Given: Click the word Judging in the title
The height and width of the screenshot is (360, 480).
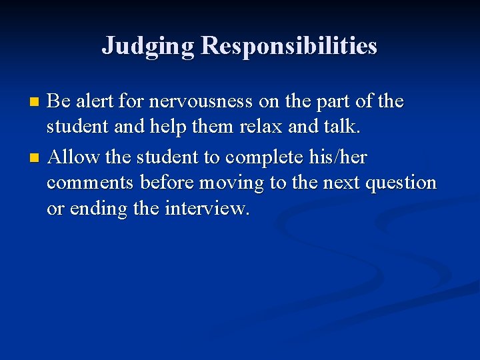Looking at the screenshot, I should (148, 46).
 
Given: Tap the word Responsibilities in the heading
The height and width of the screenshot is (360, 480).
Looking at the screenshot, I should (289, 46).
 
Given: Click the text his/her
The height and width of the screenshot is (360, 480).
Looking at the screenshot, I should (339, 157).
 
